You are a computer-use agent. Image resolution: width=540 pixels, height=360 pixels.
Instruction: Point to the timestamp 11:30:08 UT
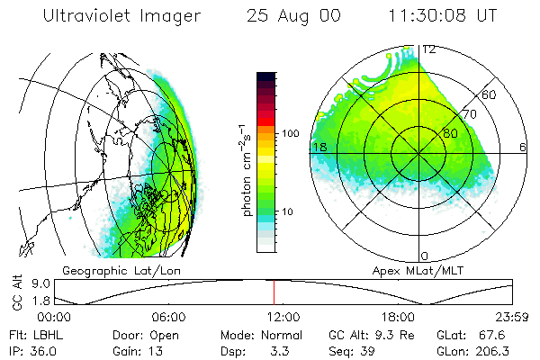430,15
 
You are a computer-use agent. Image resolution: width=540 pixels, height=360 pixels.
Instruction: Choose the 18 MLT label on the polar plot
319,147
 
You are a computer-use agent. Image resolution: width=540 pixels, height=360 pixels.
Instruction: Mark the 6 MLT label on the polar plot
523,147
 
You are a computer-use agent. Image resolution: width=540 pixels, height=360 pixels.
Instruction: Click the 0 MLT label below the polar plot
425,256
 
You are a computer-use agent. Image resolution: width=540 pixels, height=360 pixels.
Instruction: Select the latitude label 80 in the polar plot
453,133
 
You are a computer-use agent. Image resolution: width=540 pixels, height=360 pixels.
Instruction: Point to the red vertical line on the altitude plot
274,292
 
